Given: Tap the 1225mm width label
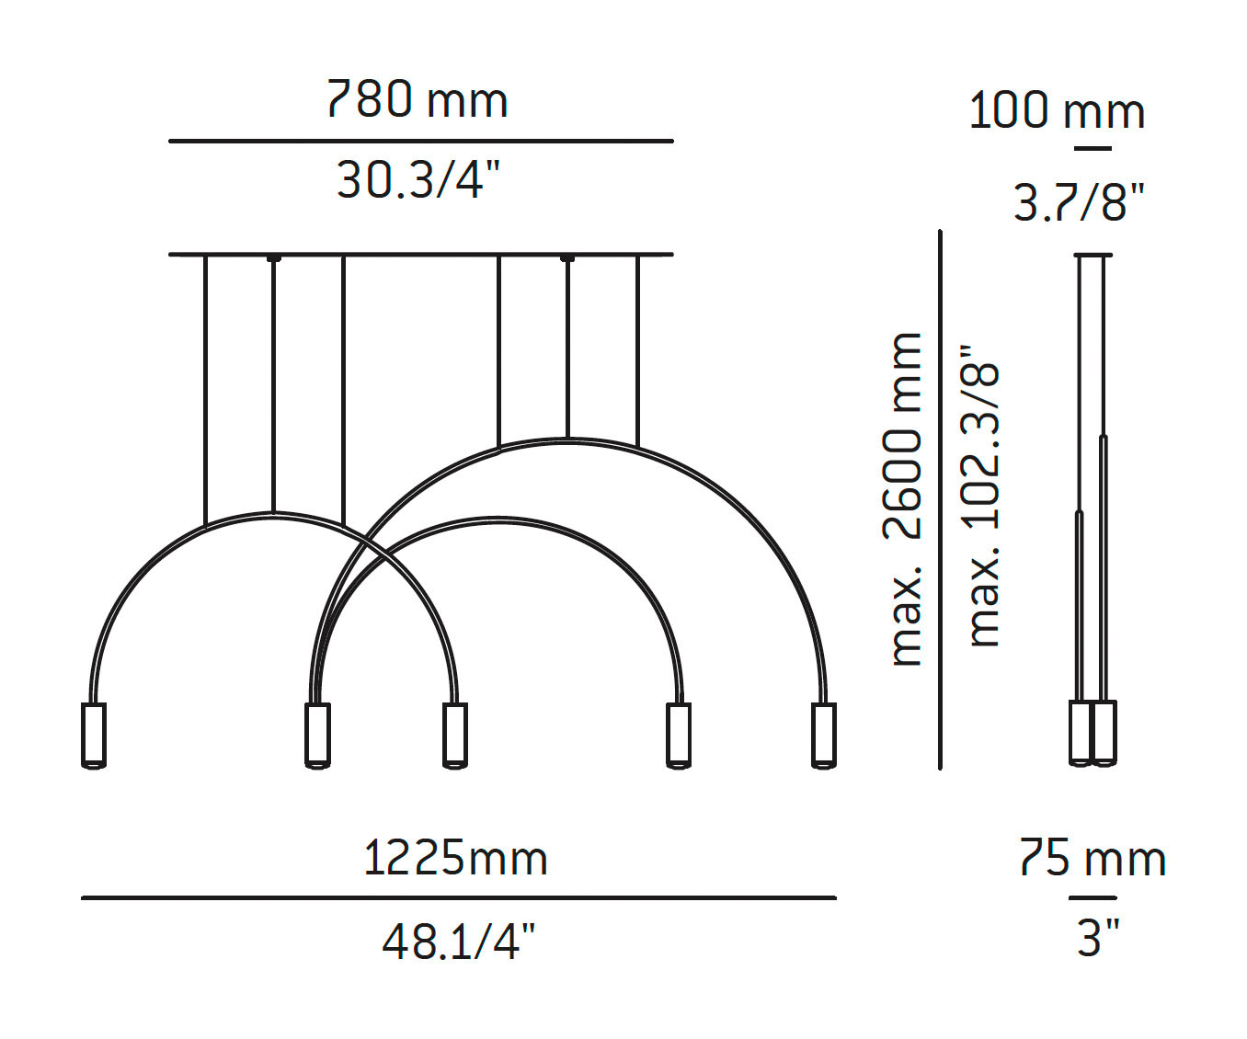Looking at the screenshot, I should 455,858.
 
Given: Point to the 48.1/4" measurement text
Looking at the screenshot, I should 458,941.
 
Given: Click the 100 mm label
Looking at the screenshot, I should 1057,111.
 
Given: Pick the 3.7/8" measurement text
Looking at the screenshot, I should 1079,201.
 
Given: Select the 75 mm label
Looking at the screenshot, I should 1093,858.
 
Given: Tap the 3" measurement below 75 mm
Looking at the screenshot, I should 1097,938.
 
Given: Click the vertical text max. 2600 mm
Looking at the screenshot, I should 906,499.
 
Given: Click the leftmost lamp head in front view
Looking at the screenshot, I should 93,735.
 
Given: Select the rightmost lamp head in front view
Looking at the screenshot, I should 824,735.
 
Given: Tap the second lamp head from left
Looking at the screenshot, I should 316,735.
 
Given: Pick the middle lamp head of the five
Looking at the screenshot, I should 454,735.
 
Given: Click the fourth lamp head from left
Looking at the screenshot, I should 678,735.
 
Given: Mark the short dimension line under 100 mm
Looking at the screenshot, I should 1092,148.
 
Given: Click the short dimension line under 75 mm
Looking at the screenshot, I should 1092,897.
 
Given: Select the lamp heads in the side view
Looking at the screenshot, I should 1093,733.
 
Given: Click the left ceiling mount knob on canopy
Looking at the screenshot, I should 273,258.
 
